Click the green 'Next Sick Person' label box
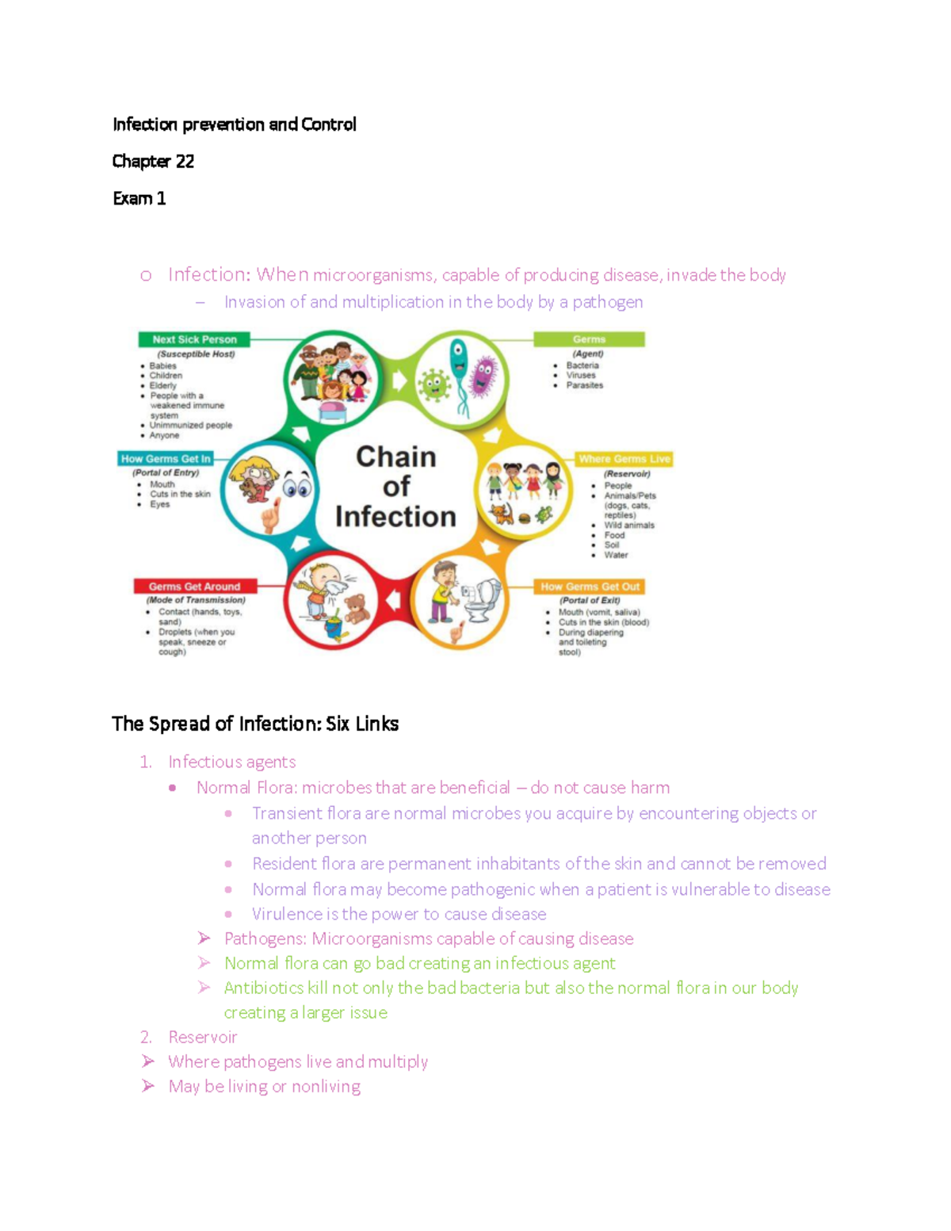point(194,339)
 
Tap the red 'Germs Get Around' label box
point(194,587)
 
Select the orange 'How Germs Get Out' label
point(590,587)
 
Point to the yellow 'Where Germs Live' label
point(624,459)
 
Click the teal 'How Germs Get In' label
point(166,459)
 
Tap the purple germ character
point(483,375)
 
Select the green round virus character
point(433,384)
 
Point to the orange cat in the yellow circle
point(502,514)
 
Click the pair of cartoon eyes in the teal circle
point(296,487)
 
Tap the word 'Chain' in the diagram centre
point(395,457)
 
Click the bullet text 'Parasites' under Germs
point(584,385)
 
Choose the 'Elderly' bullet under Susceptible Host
point(162,386)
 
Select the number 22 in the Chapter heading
point(185,162)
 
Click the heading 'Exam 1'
point(139,198)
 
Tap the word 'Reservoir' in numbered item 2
point(202,1037)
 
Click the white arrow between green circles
point(399,380)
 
